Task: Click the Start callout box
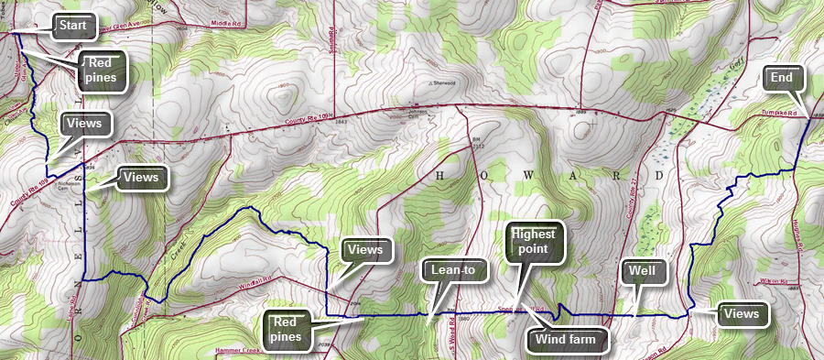point(72,27)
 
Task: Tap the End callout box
point(781,79)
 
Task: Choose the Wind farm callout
point(567,340)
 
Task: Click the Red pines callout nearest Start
point(102,69)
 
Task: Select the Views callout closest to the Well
point(741,314)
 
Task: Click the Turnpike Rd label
point(780,114)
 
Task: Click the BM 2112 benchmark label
point(477,140)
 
